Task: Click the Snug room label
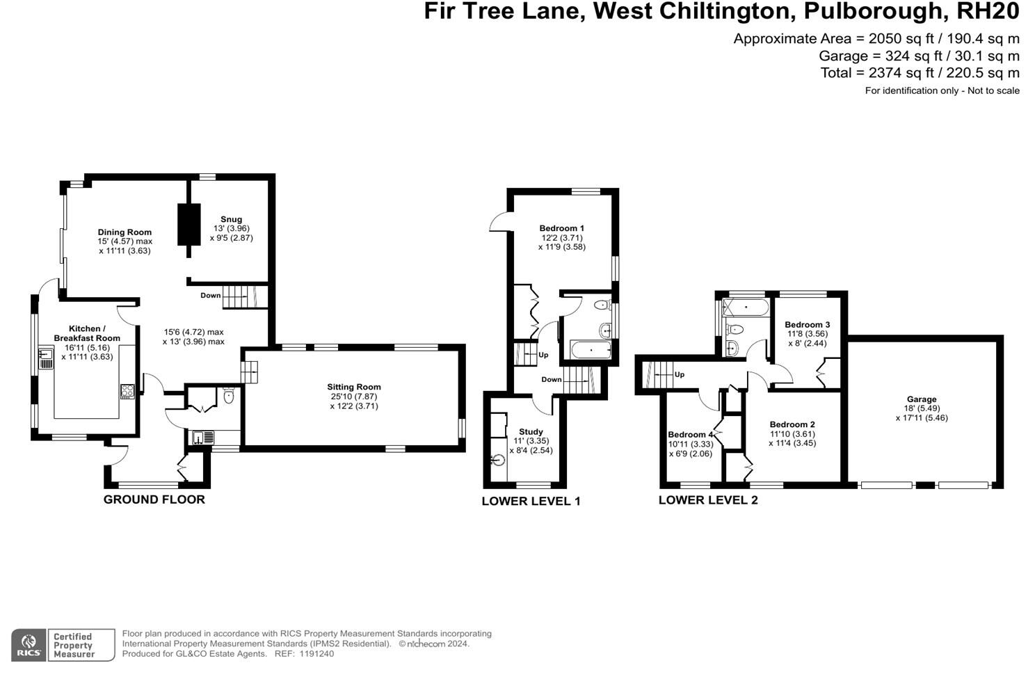(231, 219)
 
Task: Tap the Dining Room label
(125, 232)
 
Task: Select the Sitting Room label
(354, 387)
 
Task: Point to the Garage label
(922, 399)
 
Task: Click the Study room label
(531, 431)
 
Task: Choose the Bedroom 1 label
(561, 228)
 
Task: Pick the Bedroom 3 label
(807, 325)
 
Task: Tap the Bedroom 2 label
(792, 424)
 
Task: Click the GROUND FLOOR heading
(154, 500)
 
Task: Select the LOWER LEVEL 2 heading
(707, 500)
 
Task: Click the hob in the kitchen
(127, 391)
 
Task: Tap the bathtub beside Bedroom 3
(746, 306)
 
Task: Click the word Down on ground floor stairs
(210, 296)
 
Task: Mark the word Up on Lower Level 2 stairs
(679, 374)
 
